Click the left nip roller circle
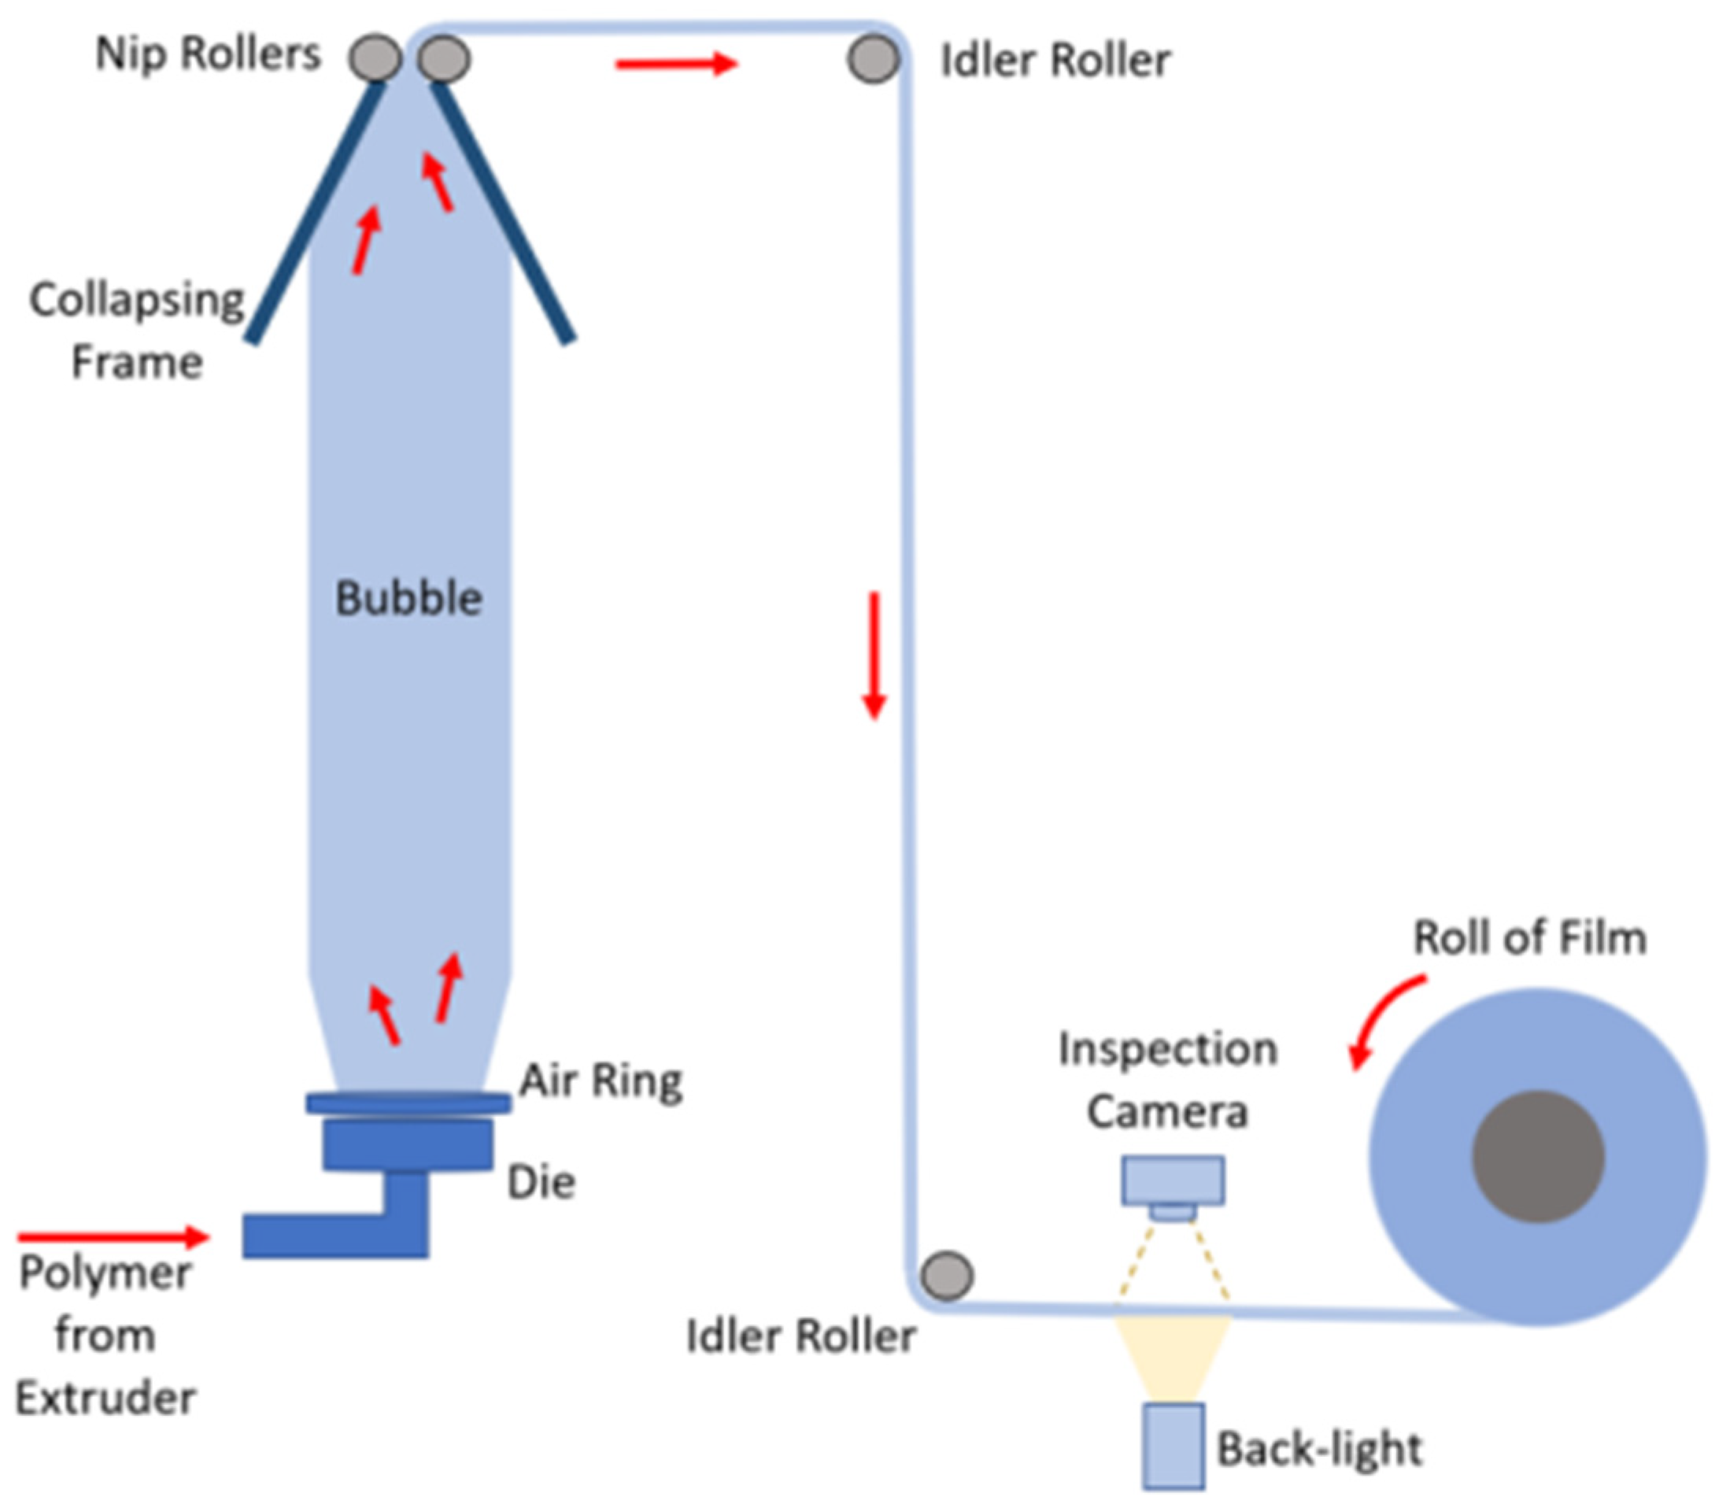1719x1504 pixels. [375, 58]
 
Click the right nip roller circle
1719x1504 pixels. [444, 59]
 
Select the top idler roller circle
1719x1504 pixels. [873, 59]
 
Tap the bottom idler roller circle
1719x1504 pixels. [947, 1276]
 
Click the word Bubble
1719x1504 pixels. [408, 598]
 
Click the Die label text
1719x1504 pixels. [542, 1183]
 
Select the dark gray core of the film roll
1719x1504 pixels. [1539, 1158]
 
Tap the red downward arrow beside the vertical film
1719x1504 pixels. [874, 655]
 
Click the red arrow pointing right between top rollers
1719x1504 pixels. [675, 64]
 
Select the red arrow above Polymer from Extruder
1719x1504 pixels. [113, 1236]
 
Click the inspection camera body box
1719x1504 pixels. [1173, 1179]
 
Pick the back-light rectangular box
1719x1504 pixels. [1173, 1445]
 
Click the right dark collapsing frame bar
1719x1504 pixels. [503, 214]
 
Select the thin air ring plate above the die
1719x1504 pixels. [408, 1103]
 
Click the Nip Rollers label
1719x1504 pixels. [207, 54]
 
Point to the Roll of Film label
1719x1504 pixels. [1529, 937]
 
